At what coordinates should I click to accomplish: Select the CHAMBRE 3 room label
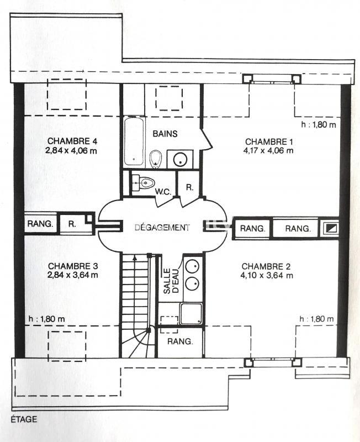pos(72,266)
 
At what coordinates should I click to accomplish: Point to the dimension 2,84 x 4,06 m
pos(72,151)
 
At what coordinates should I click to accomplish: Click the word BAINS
pos(165,134)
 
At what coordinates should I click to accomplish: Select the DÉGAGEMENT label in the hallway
pos(162,227)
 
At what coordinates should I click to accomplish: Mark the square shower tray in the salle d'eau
pos(192,314)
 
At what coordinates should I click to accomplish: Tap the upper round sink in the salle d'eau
pos(192,266)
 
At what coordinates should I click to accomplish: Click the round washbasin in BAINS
pos(180,160)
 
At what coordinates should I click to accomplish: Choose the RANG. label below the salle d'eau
pos(180,341)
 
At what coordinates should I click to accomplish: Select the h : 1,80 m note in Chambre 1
pos(319,125)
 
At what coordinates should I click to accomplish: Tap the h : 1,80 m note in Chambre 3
pos(46,319)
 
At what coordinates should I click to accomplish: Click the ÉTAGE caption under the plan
pos(23,419)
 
